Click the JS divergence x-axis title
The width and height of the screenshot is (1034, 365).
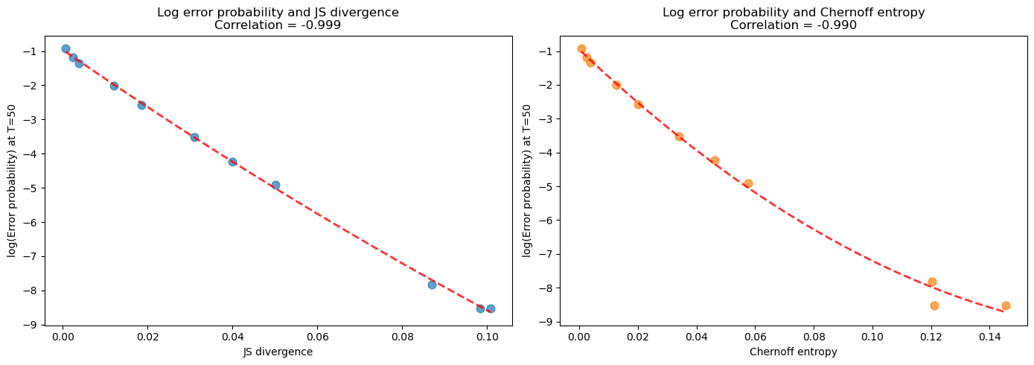tap(278, 352)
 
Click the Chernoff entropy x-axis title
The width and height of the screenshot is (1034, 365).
tap(793, 352)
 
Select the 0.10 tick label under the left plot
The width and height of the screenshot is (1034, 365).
tap(487, 337)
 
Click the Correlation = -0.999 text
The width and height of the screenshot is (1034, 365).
tap(278, 25)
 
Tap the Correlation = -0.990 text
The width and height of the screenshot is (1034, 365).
tap(793, 25)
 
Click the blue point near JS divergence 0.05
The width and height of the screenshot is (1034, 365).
tap(275, 185)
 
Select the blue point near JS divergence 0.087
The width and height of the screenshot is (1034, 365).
tap(432, 285)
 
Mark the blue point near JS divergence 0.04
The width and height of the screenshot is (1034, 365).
tap(232, 162)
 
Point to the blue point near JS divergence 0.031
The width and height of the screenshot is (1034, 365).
tap(194, 137)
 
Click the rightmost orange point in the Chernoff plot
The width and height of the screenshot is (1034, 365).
tap(1006, 305)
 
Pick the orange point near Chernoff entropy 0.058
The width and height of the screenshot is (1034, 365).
tap(748, 183)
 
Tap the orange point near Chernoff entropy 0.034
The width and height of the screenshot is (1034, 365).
tap(679, 136)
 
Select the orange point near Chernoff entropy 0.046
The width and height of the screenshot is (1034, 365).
tap(715, 160)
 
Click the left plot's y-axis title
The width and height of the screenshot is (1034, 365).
tap(12, 181)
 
